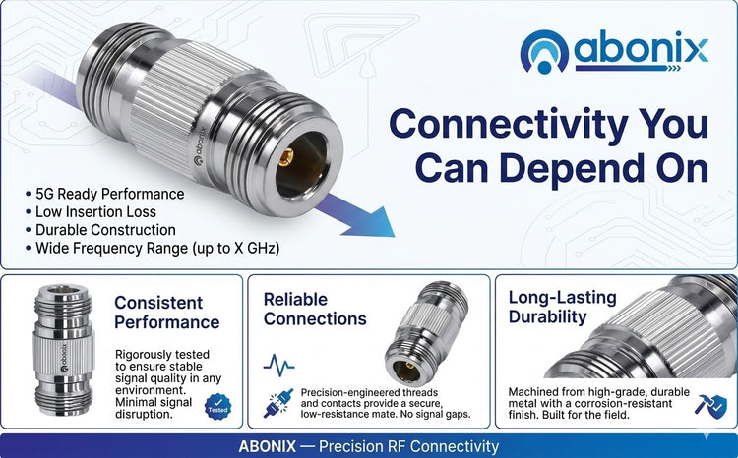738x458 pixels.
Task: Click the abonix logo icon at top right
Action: (x=544, y=52)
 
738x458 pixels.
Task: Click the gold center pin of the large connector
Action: (x=285, y=156)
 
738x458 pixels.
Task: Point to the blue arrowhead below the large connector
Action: (x=370, y=221)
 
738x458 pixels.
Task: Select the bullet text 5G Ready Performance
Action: (x=109, y=194)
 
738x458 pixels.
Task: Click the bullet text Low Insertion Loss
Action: (x=95, y=211)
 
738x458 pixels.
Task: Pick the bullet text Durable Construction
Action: (x=105, y=230)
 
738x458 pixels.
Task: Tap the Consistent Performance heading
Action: (x=166, y=313)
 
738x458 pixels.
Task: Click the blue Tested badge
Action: (x=217, y=407)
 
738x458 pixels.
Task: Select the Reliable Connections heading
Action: (x=315, y=309)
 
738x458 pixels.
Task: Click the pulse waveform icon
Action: (x=278, y=365)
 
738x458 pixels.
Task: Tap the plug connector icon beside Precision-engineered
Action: (x=278, y=403)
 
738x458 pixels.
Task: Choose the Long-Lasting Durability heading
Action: (x=563, y=307)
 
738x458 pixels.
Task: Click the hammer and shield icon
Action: (x=710, y=406)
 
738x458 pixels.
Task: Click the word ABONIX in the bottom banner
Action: (x=268, y=446)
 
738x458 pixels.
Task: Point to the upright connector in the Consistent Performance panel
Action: (x=64, y=350)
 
